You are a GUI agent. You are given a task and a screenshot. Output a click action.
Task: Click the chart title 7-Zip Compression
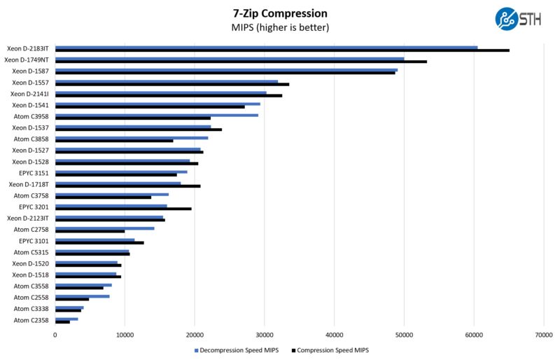pyautogui.click(x=279, y=13)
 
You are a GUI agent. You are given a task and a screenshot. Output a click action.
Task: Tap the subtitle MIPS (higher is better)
pyautogui.click(x=279, y=28)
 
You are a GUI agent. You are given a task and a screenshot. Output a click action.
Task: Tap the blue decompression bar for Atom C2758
pyautogui.click(x=104, y=228)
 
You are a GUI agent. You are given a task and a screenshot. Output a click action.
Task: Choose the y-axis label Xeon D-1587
pyautogui.click(x=30, y=71)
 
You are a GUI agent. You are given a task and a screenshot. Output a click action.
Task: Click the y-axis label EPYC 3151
pyautogui.click(x=34, y=173)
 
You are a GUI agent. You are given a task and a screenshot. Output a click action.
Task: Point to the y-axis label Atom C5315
pyautogui.click(x=31, y=252)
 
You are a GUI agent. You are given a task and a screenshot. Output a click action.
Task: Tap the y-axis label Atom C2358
pyautogui.click(x=31, y=320)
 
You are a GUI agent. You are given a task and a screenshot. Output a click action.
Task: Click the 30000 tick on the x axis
pyautogui.click(x=265, y=335)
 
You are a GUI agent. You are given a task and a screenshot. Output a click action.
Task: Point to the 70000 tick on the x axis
pyautogui.click(x=544, y=335)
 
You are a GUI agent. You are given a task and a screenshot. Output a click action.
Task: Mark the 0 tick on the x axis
pyautogui.click(x=55, y=335)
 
